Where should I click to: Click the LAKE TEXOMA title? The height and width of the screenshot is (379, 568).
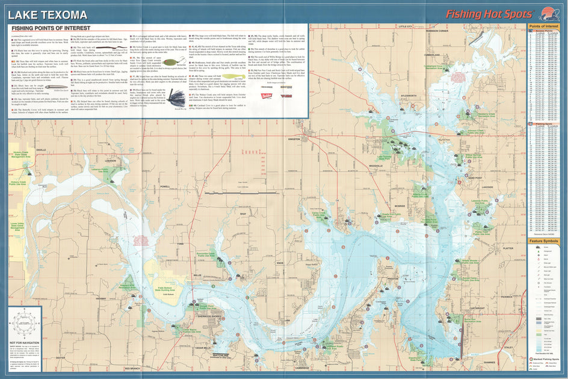(48, 15)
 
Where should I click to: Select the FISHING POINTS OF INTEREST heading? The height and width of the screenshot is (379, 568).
(52, 28)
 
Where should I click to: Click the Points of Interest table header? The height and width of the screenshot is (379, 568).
(543, 26)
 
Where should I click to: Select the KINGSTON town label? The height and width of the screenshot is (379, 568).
(294, 139)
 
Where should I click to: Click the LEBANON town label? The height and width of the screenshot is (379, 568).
(110, 161)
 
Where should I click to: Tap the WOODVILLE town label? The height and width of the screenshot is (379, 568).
(375, 165)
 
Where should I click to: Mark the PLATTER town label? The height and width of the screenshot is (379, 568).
(508, 248)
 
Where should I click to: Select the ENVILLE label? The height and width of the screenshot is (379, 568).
(42, 149)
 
